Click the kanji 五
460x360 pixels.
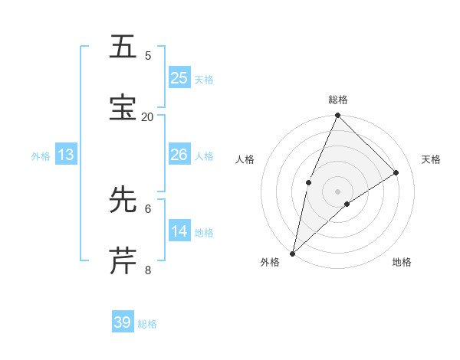[124, 47]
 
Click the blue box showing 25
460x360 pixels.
[179, 77]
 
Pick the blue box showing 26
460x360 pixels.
[179, 155]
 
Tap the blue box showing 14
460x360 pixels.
[179, 231]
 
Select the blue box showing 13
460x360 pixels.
[66, 155]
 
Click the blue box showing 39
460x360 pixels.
[123, 322]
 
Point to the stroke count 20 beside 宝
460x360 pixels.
[148, 116]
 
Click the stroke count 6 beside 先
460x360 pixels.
[148, 208]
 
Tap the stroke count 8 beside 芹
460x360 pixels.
[148, 269]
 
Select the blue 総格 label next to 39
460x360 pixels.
[148, 324]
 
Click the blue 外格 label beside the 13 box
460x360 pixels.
[41, 156]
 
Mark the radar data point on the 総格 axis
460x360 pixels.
[337, 116]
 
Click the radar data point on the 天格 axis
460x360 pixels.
[396, 172]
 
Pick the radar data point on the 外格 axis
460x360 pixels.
[292, 253]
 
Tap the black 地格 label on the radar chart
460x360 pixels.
[402, 262]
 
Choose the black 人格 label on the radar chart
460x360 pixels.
[245, 159]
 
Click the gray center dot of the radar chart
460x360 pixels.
[337, 191]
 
